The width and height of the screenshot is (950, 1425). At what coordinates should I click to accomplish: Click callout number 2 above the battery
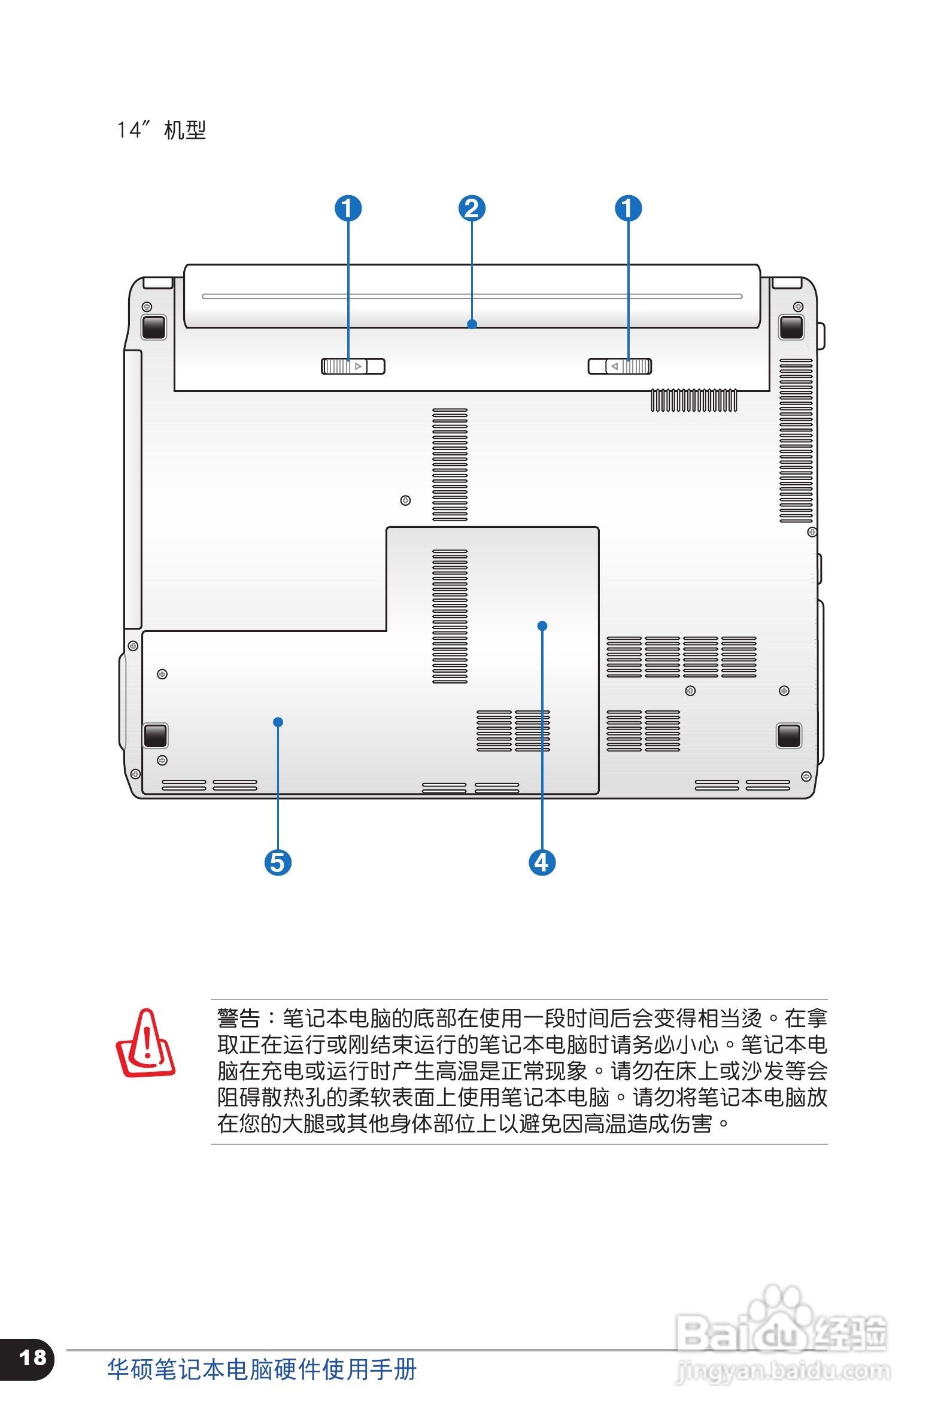471,208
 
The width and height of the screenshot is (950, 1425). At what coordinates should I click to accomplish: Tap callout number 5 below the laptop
278,862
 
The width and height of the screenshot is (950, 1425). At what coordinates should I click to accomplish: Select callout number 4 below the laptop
542,862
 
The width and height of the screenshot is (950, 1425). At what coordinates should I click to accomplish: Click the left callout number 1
348,208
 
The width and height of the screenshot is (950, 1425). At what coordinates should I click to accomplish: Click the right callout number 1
628,208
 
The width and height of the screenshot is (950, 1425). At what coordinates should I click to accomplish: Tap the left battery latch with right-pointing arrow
353,366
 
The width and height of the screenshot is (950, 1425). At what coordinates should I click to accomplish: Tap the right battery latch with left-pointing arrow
620,366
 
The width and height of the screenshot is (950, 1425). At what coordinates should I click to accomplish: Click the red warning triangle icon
145,1044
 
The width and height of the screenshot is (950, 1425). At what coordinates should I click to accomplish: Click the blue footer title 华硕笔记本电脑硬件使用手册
262,1369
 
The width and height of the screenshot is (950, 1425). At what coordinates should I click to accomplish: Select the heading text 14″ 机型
161,130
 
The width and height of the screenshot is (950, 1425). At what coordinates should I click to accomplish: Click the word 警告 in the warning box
239,1019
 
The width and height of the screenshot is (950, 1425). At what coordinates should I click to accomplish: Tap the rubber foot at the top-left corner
153,327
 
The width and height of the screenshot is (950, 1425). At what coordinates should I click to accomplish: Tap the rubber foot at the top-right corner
791,327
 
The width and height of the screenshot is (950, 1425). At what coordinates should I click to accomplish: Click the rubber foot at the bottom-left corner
155,735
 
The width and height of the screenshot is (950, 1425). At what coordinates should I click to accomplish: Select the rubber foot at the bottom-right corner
788,735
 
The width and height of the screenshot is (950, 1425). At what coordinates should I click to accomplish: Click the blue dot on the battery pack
472,324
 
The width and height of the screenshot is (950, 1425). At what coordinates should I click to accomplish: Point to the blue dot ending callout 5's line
278,722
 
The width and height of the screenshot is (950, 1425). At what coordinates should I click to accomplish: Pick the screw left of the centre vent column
405,500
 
